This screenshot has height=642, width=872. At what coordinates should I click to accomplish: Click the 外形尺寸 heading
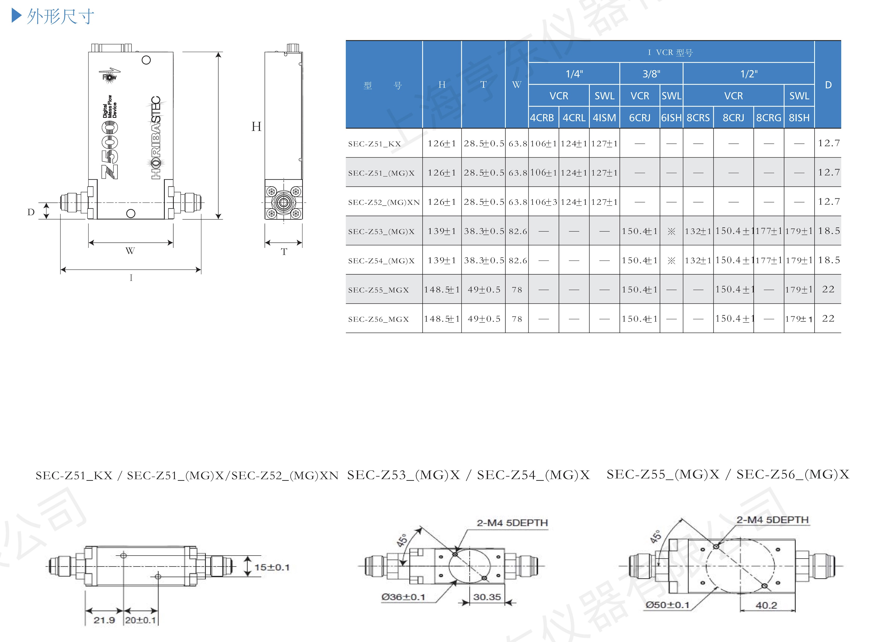[x=60, y=17]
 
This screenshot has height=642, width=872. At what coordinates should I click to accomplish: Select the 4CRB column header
[x=542, y=117]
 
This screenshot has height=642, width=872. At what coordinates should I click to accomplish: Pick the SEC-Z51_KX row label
[x=374, y=144]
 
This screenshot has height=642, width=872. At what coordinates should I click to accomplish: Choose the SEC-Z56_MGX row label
[x=378, y=319]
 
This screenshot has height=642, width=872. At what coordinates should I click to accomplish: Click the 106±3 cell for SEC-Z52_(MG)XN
[x=543, y=202]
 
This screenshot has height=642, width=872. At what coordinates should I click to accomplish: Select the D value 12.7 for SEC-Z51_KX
[x=829, y=143]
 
